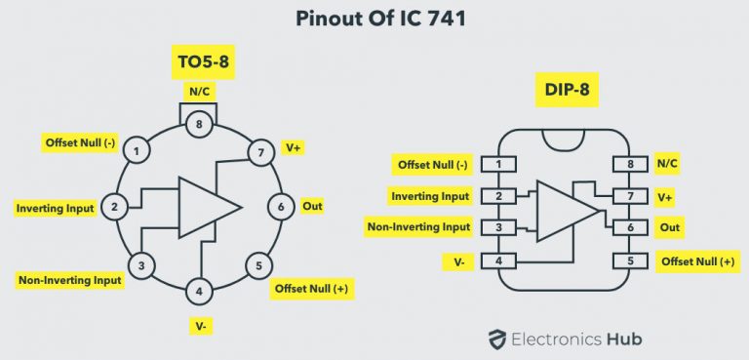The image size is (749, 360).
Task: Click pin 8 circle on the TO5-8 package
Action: pyautogui.click(x=199, y=124)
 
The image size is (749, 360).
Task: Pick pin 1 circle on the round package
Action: pyautogui.click(x=139, y=151)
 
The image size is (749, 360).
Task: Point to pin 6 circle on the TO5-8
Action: pyautogui.click(x=281, y=207)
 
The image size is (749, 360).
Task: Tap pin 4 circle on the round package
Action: pyautogui.click(x=199, y=290)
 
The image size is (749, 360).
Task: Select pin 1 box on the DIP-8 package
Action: pyautogui.click(x=499, y=165)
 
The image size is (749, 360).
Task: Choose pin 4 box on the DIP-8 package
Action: pyautogui.click(x=499, y=261)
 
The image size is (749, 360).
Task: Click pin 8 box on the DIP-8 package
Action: pyautogui.click(x=629, y=165)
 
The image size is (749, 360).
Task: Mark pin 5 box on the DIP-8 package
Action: pyautogui.click(x=629, y=261)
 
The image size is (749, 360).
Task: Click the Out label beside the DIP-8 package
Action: pyautogui.click(x=670, y=228)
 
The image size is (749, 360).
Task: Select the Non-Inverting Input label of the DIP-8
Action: pyautogui.click(x=418, y=228)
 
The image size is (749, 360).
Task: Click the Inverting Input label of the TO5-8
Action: pyautogui.click(x=56, y=208)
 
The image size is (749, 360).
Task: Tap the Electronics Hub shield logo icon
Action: pyautogui.click(x=498, y=339)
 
